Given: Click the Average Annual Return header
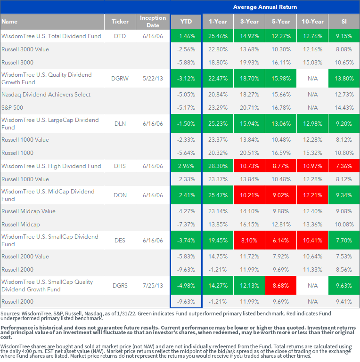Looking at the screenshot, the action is click(265, 7).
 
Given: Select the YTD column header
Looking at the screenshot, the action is click(186, 22).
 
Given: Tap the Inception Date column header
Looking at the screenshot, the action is click(153, 22).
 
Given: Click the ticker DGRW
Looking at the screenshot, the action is click(120, 79).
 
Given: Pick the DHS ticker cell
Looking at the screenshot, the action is click(120, 166).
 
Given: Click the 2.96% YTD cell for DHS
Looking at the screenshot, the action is click(186, 166).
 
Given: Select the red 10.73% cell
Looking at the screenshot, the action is click(249, 166).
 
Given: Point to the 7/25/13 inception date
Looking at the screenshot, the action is click(153, 286).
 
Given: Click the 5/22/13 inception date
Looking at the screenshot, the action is click(153, 79).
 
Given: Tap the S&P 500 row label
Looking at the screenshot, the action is click(12, 108).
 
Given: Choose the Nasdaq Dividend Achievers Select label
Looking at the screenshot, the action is click(46, 95).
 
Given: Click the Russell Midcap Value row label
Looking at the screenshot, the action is click(28, 211).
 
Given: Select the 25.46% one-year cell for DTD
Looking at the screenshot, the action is click(218, 36).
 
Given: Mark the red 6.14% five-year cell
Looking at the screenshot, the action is click(281, 241).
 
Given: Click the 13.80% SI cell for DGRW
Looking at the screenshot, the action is click(344, 79).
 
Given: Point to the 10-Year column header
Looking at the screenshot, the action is click(312, 22).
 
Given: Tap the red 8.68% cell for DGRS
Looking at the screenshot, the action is click(281, 286).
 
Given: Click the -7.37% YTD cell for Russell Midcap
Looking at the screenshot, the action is click(186, 225).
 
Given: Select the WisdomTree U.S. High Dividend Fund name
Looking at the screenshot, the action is click(51, 166).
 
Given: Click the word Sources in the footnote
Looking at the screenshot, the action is click(10, 314).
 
